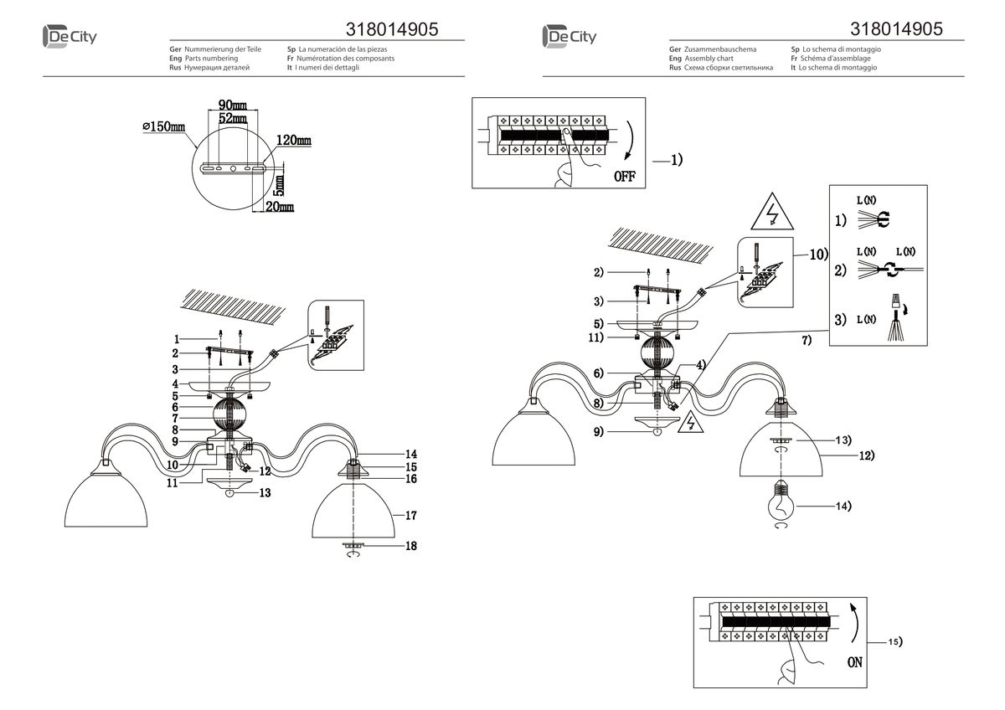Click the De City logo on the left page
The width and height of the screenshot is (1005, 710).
[x=69, y=37]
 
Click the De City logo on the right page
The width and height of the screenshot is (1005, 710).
[x=569, y=37]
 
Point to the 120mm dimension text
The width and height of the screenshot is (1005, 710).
[x=294, y=141]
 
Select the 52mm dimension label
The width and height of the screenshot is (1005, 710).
[x=232, y=119]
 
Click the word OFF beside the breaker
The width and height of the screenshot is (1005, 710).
[x=625, y=177]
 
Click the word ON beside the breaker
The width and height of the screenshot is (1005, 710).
[x=854, y=662]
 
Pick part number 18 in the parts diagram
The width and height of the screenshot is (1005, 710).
[x=410, y=546]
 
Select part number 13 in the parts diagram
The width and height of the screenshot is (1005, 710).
[x=265, y=494]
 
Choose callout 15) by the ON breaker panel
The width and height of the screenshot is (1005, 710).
[x=894, y=641]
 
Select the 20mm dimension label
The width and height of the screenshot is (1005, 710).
[x=281, y=206]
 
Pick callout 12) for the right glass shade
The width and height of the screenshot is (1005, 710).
[x=865, y=456]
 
